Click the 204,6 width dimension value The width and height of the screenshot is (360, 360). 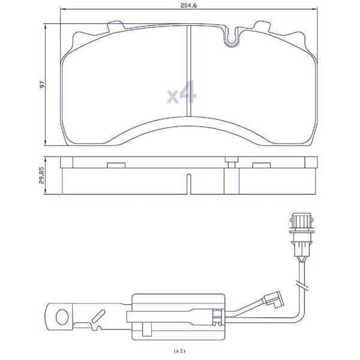(x=189, y=6)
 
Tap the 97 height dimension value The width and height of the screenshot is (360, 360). (x=42, y=85)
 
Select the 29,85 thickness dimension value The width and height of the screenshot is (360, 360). (x=41, y=176)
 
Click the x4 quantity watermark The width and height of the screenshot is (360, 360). (x=182, y=92)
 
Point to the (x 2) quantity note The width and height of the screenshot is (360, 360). (x=179, y=351)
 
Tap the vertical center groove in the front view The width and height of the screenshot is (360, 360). (x=188, y=71)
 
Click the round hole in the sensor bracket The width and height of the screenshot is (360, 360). (x=62, y=317)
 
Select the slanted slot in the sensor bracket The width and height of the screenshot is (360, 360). (x=98, y=316)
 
